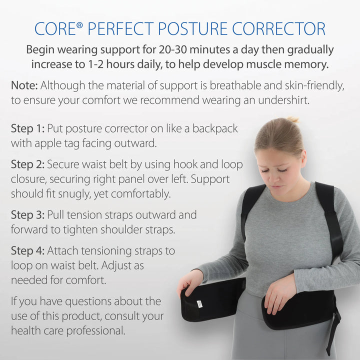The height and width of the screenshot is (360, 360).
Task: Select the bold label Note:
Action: [x=23, y=85]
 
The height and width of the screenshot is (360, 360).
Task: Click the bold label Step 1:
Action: [x=28, y=128]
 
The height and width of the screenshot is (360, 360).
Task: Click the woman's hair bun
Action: [x=293, y=120]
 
